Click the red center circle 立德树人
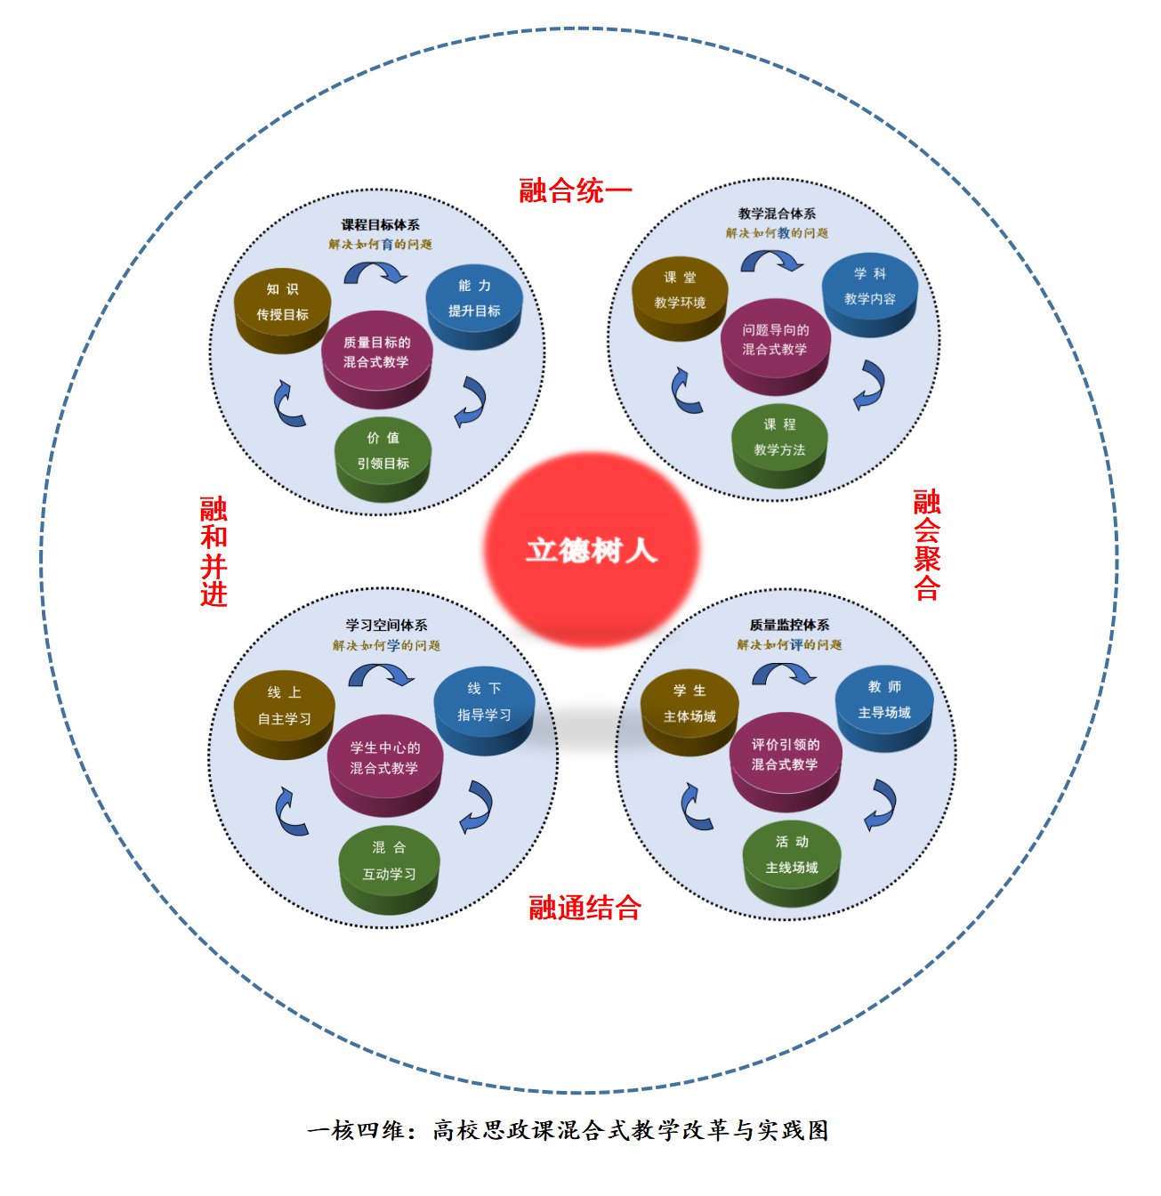pos(591,549)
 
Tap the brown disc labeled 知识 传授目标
pos(282,311)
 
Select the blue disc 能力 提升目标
pos(473,307)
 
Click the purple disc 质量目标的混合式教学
pos(376,360)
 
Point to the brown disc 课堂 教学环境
pos(680,299)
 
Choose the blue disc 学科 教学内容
pos(869,295)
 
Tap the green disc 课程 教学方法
pos(779,446)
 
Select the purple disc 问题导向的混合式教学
pos(775,347)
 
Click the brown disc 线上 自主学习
pos(284,715)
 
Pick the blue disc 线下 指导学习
pos(483,710)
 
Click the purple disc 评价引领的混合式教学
pos(785,762)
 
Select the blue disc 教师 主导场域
pos(883,708)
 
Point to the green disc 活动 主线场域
pos(791,863)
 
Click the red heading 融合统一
pos(575,190)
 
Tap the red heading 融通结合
pos(585,907)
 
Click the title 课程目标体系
pos(380,224)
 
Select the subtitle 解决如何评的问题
pos(789,644)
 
